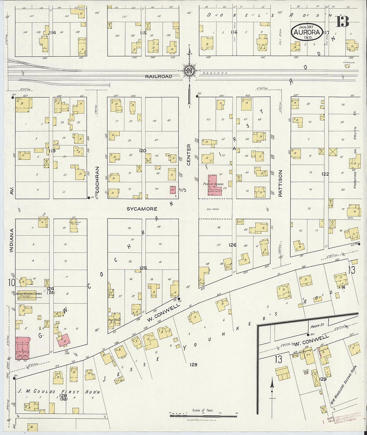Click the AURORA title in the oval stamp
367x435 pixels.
(x=307, y=32)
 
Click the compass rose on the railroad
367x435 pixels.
(x=189, y=70)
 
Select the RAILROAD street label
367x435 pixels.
(x=158, y=76)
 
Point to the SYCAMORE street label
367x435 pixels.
(x=142, y=209)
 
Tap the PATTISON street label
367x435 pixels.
(x=280, y=183)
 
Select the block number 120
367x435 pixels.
(x=143, y=151)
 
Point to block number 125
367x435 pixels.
(x=143, y=268)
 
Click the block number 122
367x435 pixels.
(x=325, y=174)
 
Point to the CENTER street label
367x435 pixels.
(x=189, y=155)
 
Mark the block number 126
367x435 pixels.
(x=232, y=245)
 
